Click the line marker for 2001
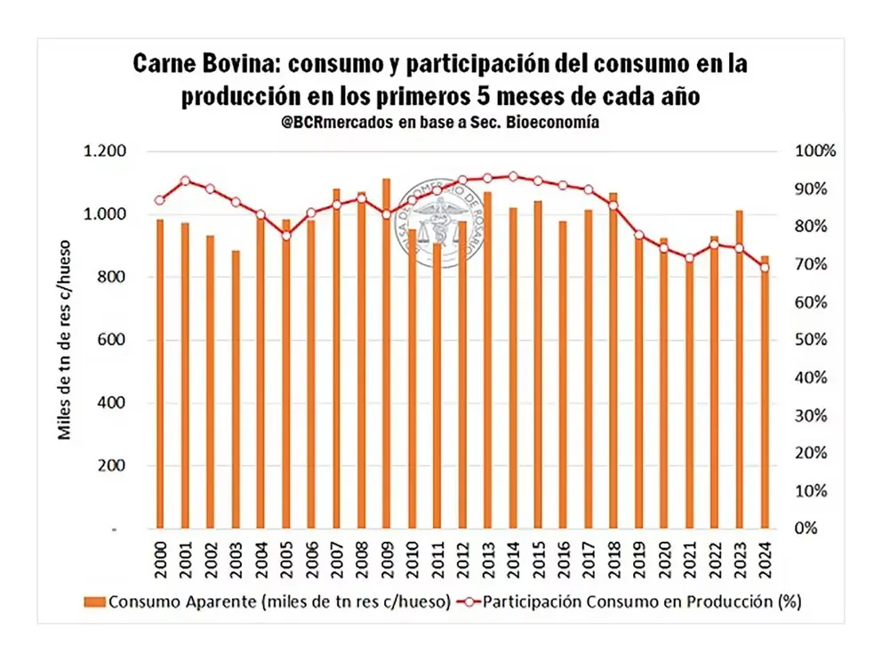point(185,181)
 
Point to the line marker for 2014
point(513,176)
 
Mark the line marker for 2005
point(286,236)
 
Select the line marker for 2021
point(689,258)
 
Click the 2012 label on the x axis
point(463,559)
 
